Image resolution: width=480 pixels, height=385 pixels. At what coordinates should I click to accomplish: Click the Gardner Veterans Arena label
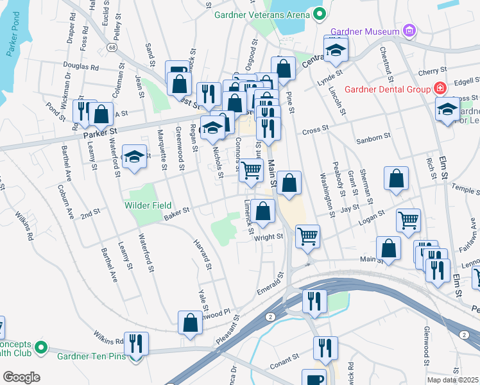pyautogui.click(x=258, y=14)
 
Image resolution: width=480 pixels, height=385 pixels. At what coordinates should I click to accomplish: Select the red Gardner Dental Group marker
pyautogui.click(x=440, y=88)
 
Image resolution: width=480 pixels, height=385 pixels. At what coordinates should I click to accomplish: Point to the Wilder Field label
pyautogui.click(x=148, y=205)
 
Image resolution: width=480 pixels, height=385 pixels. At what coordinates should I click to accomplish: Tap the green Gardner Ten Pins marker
pyautogui.click(x=42, y=348)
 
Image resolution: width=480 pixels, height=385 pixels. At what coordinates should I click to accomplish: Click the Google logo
pyautogui.click(x=21, y=377)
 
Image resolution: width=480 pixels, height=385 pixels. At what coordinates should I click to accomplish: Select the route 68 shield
pyautogui.click(x=112, y=48)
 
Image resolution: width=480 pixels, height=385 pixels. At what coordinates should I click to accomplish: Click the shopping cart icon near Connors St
pyautogui.click(x=251, y=170)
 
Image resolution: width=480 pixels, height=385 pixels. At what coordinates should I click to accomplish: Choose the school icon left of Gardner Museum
pyautogui.click(x=334, y=52)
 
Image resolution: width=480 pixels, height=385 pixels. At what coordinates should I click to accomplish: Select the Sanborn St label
pyautogui.click(x=374, y=137)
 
